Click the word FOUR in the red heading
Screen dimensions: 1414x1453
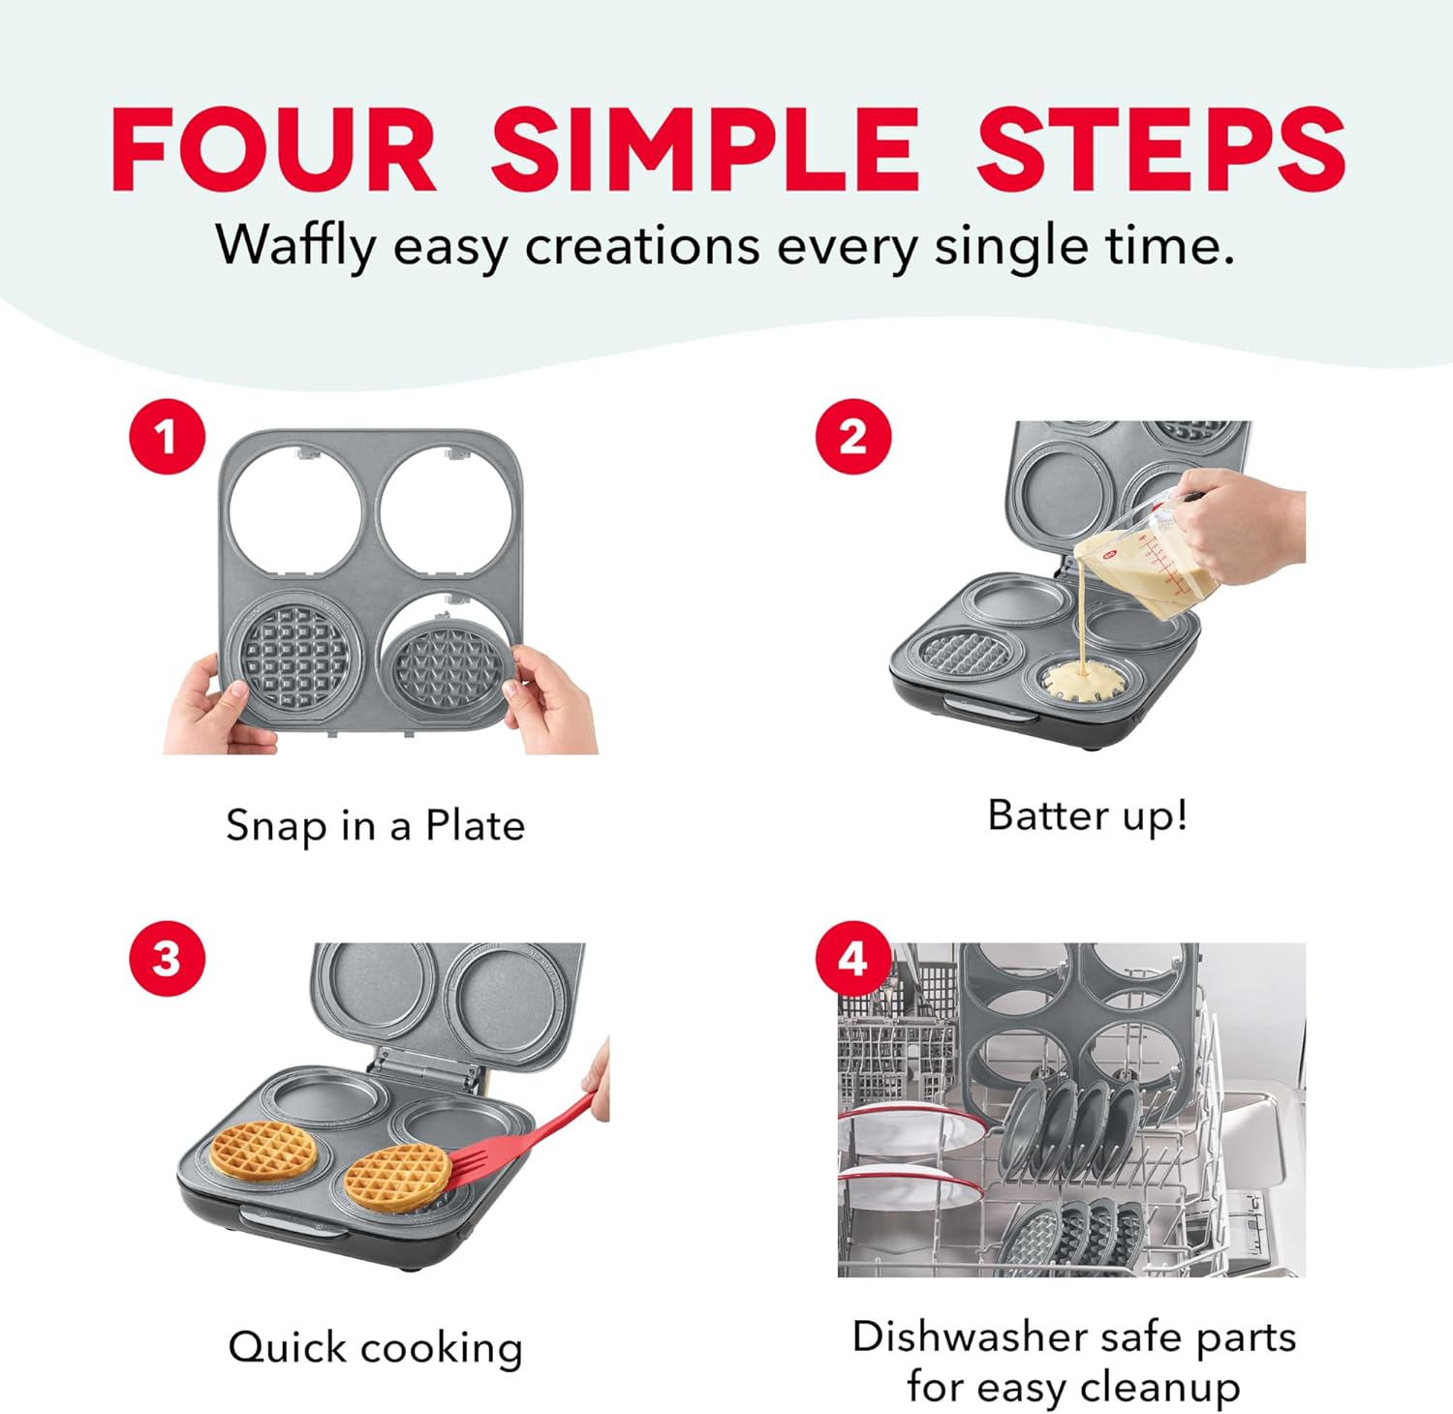(x=273, y=150)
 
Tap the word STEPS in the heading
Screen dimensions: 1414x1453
(x=1159, y=150)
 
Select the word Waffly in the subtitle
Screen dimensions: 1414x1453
(x=294, y=245)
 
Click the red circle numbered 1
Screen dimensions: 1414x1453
(x=168, y=437)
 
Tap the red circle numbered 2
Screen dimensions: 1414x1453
(x=852, y=437)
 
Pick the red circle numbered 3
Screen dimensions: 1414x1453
(x=168, y=959)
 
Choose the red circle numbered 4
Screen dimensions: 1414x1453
(x=852, y=959)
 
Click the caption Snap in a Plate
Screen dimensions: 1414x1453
(x=375, y=826)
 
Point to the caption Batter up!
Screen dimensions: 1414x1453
(x=1087, y=815)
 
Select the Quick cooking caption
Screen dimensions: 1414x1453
(x=375, y=1347)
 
